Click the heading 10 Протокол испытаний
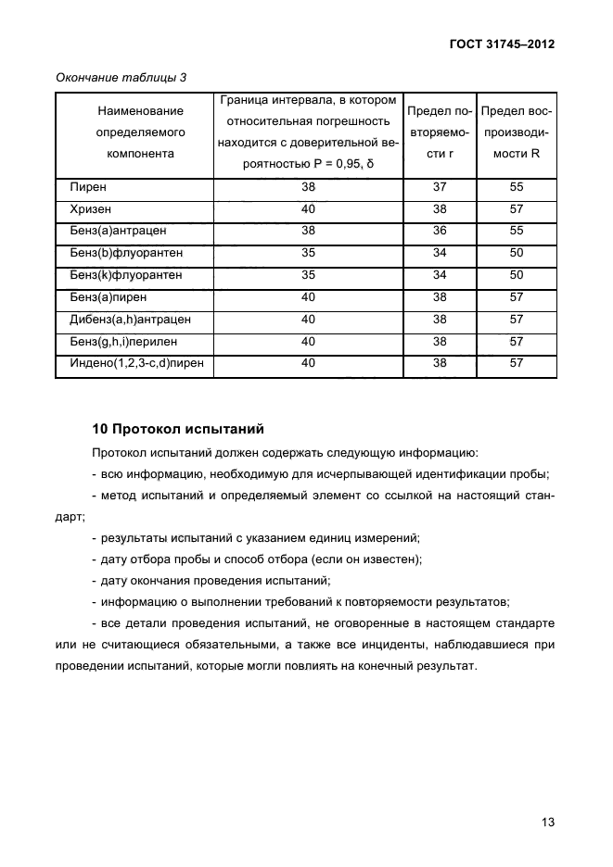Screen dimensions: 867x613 coord(178,429)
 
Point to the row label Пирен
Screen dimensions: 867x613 coord(88,187)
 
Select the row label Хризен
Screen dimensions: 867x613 coord(92,209)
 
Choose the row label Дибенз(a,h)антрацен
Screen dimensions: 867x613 coord(130,320)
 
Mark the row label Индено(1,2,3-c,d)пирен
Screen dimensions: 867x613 coord(135,364)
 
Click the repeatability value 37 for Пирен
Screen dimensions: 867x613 coord(440,187)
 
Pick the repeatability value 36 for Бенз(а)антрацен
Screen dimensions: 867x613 coord(440,232)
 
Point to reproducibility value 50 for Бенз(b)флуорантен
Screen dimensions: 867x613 coord(517,253)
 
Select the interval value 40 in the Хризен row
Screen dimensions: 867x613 coord(308,209)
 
